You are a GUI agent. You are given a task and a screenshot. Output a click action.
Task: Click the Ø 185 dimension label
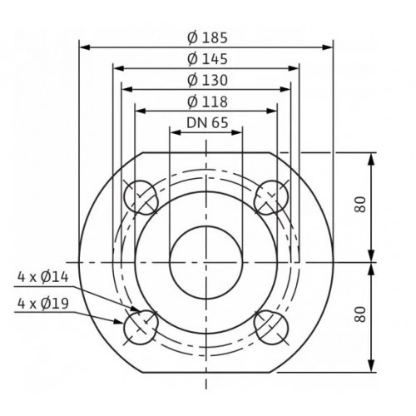click(207, 37)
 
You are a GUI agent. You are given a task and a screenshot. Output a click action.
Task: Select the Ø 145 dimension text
click(207, 59)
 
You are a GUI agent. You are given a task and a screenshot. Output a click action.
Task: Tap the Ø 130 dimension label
click(207, 80)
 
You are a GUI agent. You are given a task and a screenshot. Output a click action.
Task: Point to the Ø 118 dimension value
click(207, 102)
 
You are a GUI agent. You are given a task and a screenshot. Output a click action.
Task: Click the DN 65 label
click(207, 123)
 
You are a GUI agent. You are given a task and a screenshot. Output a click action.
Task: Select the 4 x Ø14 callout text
click(43, 277)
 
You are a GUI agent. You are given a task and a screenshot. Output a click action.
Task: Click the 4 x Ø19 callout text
click(43, 304)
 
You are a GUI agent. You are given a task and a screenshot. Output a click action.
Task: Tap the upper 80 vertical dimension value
click(360, 205)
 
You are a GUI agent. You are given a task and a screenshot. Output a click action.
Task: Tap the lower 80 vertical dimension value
click(360, 314)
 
